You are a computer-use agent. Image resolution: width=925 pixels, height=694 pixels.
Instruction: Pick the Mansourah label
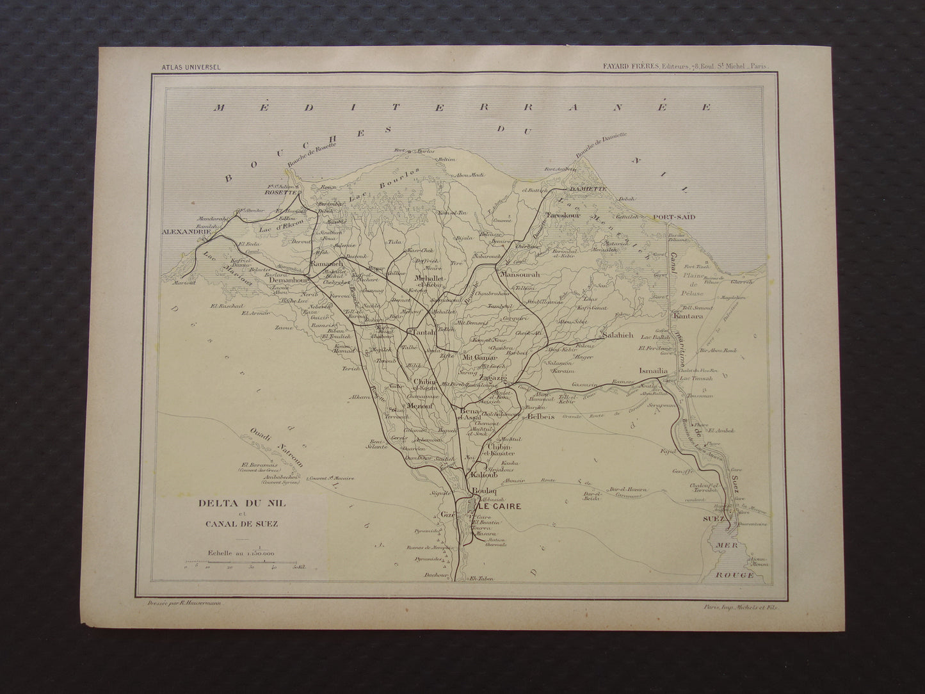521,275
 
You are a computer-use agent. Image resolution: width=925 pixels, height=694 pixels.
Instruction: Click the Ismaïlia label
653,371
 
